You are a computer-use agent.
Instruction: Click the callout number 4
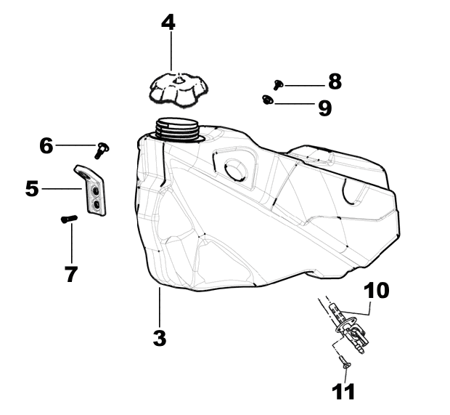(168, 23)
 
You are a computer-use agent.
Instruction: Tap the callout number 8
(335, 81)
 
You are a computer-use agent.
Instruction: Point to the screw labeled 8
(278, 84)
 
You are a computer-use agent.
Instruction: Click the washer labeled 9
(268, 100)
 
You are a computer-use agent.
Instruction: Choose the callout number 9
(325, 108)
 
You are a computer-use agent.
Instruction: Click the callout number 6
(46, 145)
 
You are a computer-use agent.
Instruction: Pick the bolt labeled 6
(102, 150)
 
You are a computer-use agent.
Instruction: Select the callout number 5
(32, 189)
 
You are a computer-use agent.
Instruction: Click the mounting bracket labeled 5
(91, 190)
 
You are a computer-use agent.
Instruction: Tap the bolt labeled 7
(69, 219)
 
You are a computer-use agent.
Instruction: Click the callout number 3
(160, 338)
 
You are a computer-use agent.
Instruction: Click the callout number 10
(377, 290)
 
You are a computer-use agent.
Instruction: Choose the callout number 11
(343, 391)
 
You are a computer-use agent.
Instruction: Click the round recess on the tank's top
(236, 170)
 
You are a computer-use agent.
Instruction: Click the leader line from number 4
(171, 51)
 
